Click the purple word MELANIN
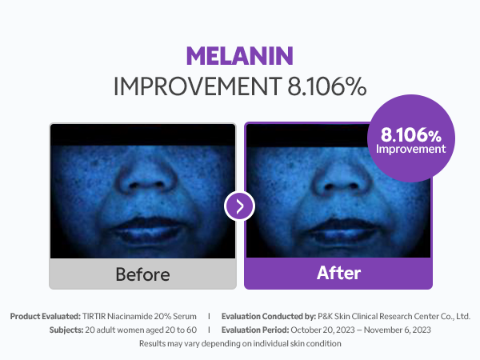tap(240, 56)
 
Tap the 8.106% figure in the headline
tap(326, 86)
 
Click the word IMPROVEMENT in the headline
tap(198, 86)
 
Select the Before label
tap(142, 274)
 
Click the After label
tap(339, 273)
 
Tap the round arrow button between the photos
tap(239, 206)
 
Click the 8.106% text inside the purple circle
tap(411, 134)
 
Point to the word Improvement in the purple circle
tap(411, 149)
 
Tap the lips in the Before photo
tap(148, 230)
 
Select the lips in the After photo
tap(342, 231)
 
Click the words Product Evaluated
tap(46, 316)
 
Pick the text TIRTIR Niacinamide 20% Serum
tap(139, 316)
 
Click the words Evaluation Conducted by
tap(269, 316)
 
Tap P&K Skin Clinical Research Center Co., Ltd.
tap(394, 316)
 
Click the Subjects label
tap(66, 330)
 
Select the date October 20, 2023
tap(322, 330)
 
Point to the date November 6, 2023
tap(398, 330)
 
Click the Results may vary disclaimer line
tap(240, 343)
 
